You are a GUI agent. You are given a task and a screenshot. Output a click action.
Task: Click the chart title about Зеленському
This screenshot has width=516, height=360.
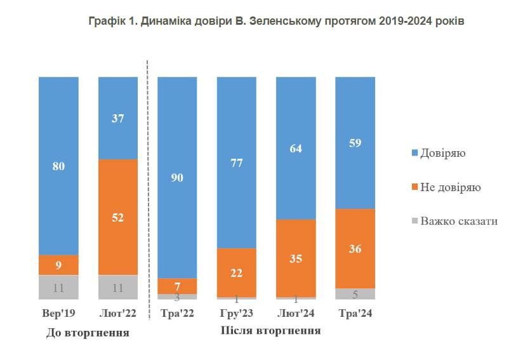[x=277, y=21]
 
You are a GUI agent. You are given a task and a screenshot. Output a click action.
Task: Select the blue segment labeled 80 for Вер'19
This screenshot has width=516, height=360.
[x=58, y=165]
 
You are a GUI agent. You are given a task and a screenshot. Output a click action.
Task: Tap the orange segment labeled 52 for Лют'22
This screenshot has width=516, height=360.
[x=118, y=217]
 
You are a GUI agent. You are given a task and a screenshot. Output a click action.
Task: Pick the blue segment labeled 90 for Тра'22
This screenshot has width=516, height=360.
[x=177, y=177]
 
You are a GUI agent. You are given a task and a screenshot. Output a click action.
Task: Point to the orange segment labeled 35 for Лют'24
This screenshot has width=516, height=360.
[x=296, y=258]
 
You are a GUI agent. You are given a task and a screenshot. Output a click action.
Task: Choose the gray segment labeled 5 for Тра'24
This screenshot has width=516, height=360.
[x=355, y=293]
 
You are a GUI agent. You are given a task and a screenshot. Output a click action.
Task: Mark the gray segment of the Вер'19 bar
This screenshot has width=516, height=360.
[x=58, y=287]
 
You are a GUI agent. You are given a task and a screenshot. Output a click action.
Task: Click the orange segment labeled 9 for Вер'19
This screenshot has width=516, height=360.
[x=58, y=265]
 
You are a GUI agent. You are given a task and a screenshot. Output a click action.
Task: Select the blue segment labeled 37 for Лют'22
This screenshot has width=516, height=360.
[x=118, y=117]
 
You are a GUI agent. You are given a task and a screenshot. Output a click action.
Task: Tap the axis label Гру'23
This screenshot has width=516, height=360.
[x=237, y=314]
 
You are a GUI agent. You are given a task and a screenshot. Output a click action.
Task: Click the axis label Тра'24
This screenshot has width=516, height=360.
[x=355, y=314]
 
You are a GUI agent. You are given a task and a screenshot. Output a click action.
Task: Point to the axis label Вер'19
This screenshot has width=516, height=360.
[x=58, y=314]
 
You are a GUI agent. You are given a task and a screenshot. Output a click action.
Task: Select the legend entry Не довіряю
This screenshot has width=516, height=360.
[x=450, y=187]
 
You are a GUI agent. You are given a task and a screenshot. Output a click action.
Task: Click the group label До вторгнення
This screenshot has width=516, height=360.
[x=88, y=333]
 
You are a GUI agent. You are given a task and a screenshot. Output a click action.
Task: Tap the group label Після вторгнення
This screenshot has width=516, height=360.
[x=270, y=331]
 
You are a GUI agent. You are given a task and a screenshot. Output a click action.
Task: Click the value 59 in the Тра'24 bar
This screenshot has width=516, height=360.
[x=355, y=142]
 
